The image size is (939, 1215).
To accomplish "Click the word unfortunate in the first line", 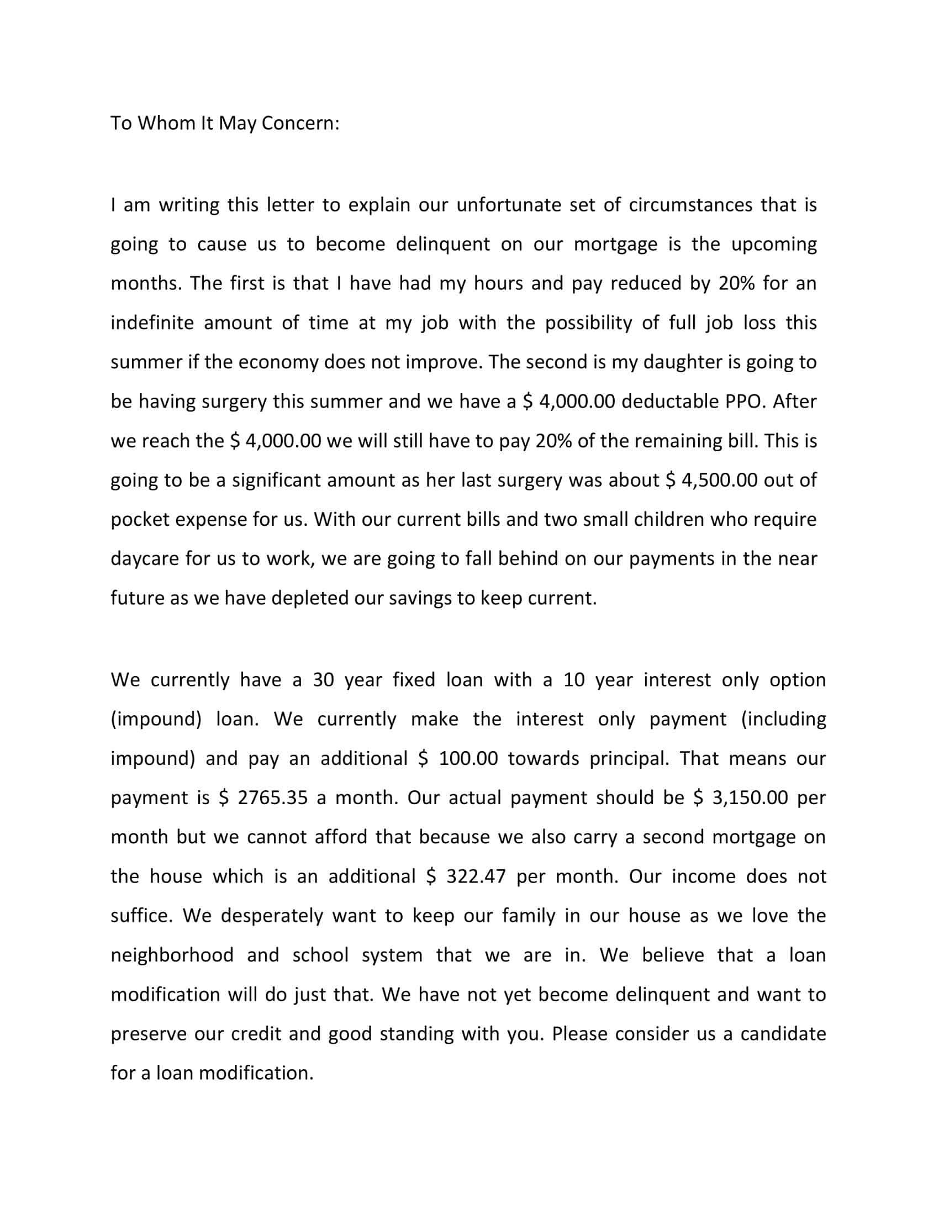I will coord(509,205).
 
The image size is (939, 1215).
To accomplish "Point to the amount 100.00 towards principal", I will coord(468,759).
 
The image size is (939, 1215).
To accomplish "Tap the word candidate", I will coord(783,1034).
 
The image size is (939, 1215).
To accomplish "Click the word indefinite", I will coord(152,323).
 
